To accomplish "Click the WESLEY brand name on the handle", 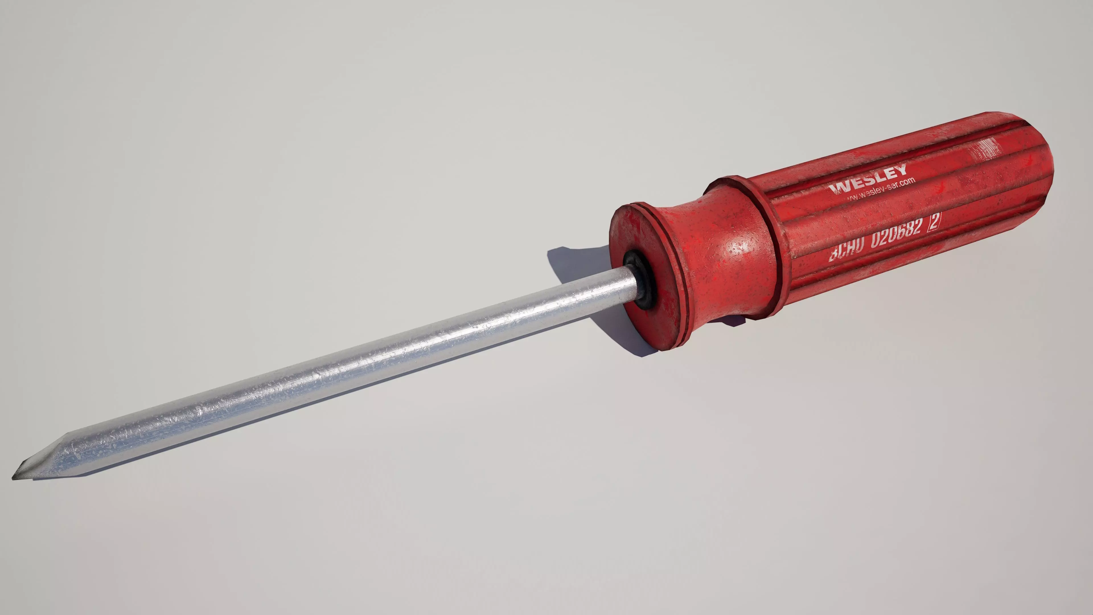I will point(868,179).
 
